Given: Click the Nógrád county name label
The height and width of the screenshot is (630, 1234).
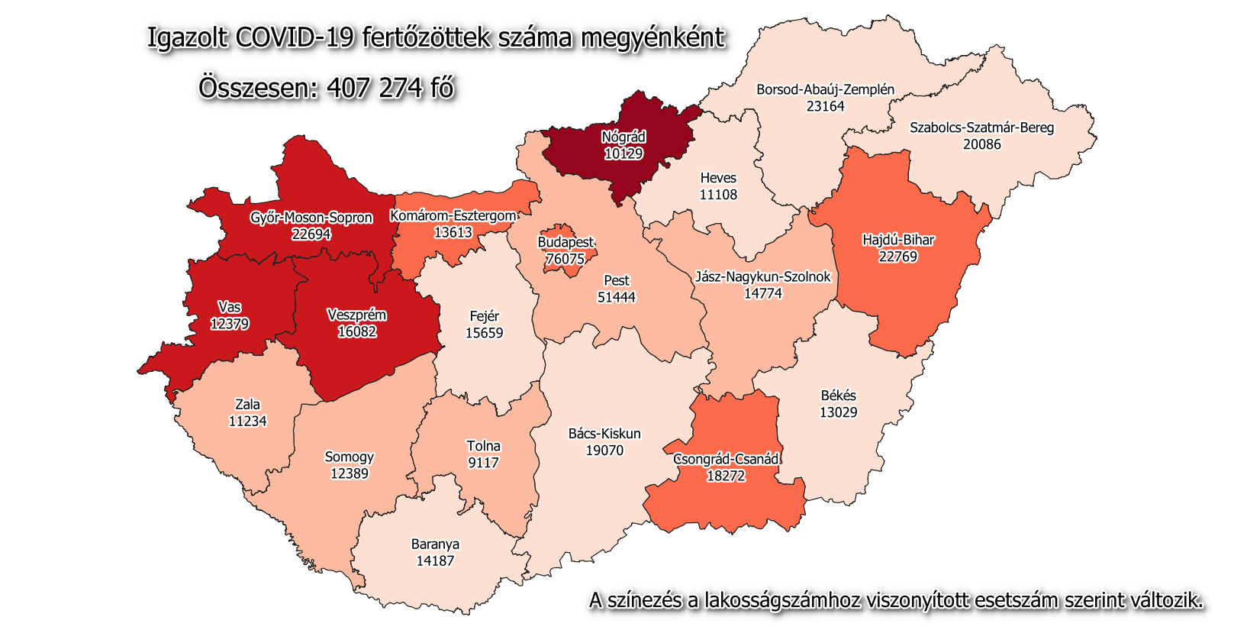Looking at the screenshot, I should click(x=623, y=137).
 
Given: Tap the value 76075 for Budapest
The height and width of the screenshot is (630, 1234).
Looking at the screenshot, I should click(x=565, y=259).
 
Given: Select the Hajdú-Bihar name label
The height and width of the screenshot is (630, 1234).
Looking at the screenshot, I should click(x=898, y=240).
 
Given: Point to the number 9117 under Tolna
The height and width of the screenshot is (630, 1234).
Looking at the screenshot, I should click(x=483, y=463).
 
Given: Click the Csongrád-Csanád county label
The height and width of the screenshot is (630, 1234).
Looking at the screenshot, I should click(x=726, y=459).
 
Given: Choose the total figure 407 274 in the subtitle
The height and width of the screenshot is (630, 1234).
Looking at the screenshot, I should click(x=374, y=88).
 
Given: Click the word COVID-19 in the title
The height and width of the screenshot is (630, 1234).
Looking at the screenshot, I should click(x=295, y=37).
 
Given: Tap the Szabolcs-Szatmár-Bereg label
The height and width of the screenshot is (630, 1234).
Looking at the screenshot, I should click(x=981, y=128).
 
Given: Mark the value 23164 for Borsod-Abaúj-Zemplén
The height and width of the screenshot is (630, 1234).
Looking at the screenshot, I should click(x=825, y=106).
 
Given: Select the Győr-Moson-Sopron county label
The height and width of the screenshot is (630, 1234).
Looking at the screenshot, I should click(x=311, y=218).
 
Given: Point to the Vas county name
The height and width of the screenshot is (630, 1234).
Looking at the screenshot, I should click(x=229, y=307).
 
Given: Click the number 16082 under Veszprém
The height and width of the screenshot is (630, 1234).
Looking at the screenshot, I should click(x=356, y=331).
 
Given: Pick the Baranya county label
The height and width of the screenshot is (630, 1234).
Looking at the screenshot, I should click(x=435, y=544).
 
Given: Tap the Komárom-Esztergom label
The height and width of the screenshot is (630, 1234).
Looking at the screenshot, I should click(x=453, y=216).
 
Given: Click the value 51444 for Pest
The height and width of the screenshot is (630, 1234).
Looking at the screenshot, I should click(x=616, y=297).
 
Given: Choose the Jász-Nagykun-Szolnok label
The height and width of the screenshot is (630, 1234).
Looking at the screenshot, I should click(x=762, y=276).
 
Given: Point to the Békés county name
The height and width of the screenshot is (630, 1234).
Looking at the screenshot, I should click(x=838, y=396).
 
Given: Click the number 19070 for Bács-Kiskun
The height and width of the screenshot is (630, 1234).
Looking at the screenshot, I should click(x=604, y=451).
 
